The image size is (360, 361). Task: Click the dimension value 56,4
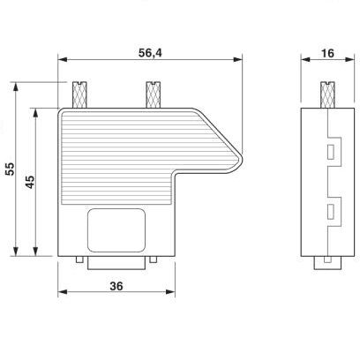click(149, 52)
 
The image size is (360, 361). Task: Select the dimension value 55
click(11, 171)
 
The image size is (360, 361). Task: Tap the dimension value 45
click(29, 182)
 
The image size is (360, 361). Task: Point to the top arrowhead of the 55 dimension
click(19, 86)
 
